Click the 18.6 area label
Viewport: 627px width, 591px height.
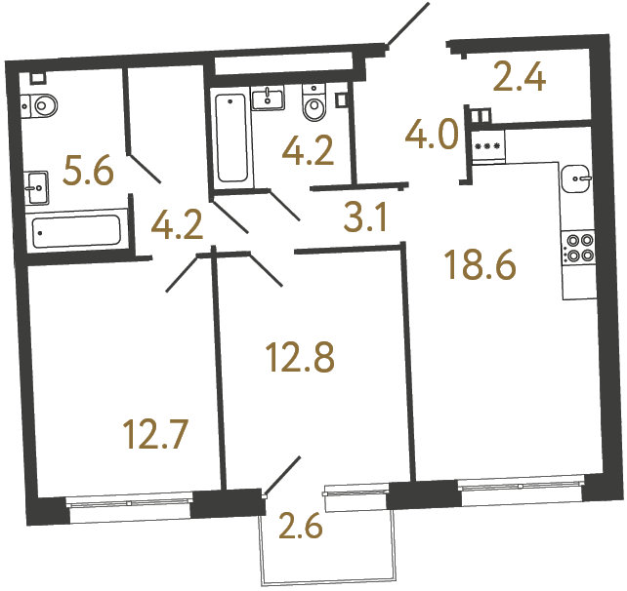point(479,263)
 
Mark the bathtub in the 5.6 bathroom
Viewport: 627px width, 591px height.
point(76,232)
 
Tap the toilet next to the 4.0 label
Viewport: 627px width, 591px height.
point(314,105)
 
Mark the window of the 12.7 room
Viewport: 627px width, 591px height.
point(129,502)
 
